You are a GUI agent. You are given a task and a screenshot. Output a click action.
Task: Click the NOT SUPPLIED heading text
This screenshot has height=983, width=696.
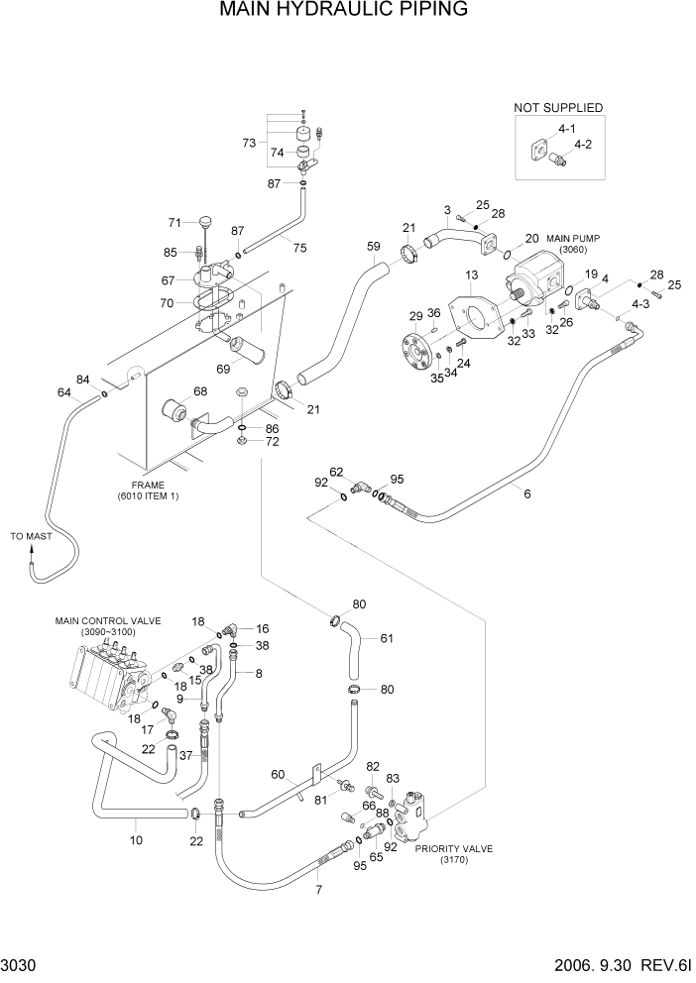pos(557,108)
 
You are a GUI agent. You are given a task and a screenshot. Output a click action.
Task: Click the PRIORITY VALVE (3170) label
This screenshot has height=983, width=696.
pos(453,854)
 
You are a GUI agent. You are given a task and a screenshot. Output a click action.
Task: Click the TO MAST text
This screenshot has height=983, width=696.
pos(31,536)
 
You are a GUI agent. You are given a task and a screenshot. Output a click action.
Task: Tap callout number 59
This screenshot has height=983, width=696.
pos(373,247)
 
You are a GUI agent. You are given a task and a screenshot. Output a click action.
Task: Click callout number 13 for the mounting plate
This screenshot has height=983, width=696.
pos(470,274)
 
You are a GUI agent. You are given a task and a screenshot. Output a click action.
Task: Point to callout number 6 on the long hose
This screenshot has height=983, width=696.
pos(526,493)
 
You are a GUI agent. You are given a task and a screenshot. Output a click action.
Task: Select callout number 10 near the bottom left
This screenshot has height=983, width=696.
pos(136,840)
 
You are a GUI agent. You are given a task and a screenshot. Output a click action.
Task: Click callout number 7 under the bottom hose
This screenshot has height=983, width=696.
pos(318,890)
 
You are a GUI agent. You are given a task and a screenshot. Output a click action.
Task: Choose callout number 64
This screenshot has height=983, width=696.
pos(63,393)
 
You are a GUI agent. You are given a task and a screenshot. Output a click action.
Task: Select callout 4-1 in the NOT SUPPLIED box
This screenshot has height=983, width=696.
pos(567,130)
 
